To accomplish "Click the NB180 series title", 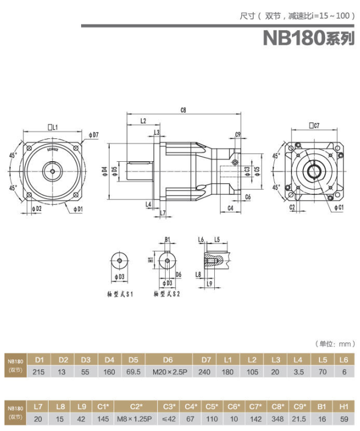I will (x=309, y=38).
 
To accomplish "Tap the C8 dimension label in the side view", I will (x=183, y=109).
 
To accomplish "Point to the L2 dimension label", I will (x=142, y=121).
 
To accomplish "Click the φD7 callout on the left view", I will (x=94, y=135).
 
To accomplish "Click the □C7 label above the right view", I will (x=314, y=125).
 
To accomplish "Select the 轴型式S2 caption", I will (x=167, y=294).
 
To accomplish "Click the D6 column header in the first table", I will (x=167, y=360).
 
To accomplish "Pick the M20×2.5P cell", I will (x=167, y=372).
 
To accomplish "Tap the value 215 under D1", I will (x=39, y=372).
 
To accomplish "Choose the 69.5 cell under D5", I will (x=134, y=372).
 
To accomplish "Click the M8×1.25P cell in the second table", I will (x=136, y=418).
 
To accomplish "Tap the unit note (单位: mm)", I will (x=335, y=344).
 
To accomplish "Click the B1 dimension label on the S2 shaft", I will (x=167, y=240).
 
